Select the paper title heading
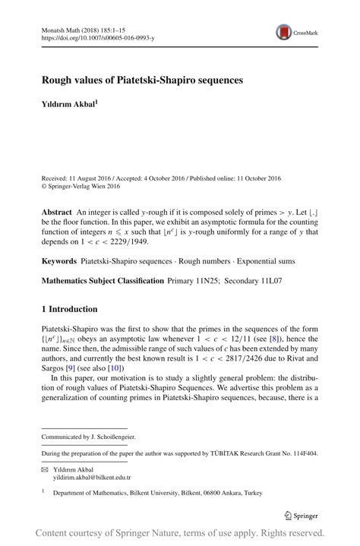142,80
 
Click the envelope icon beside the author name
46,469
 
